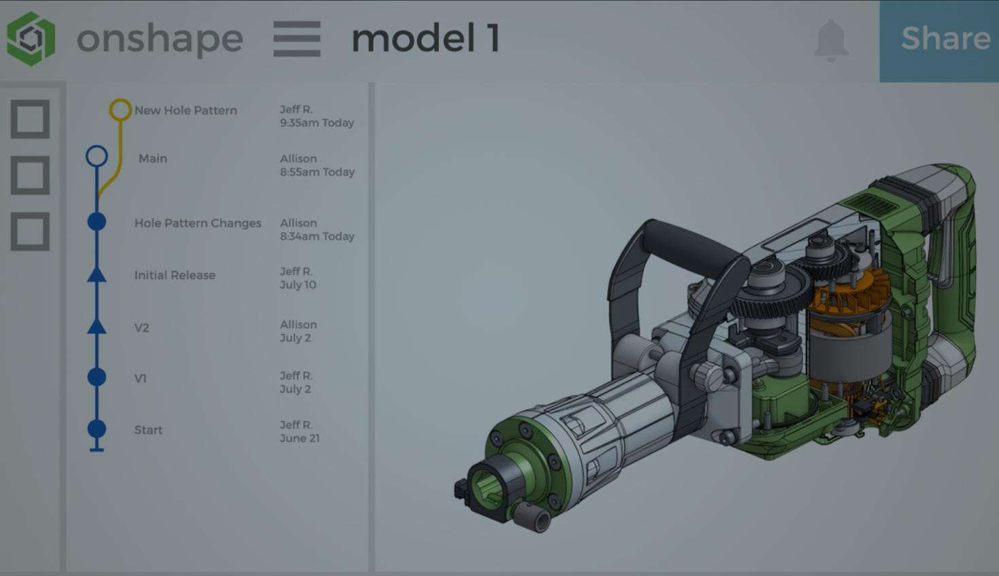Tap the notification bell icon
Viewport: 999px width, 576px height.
tap(830, 40)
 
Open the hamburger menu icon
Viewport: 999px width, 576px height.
tap(297, 39)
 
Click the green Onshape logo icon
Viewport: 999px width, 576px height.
tap(31, 39)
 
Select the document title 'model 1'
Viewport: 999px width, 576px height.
tap(425, 39)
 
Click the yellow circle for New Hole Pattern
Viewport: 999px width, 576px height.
tap(120, 109)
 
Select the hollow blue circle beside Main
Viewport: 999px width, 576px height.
tap(97, 156)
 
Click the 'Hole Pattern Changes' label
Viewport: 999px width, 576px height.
tap(197, 223)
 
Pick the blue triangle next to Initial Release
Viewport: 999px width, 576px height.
tap(97, 274)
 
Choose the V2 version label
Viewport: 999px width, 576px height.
tap(141, 327)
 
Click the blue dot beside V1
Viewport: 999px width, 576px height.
tap(97, 377)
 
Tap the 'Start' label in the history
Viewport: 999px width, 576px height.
tap(148, 429)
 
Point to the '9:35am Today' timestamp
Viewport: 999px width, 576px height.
tap(317, 123)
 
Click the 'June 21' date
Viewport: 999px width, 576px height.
tap(299, 438)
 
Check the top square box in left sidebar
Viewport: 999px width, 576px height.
tap(30, 120)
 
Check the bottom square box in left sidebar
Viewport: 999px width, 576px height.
tap(30, 232)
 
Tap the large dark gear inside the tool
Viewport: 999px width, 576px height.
tap(768, 292)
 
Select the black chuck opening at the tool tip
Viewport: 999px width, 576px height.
tap(488, 489)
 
